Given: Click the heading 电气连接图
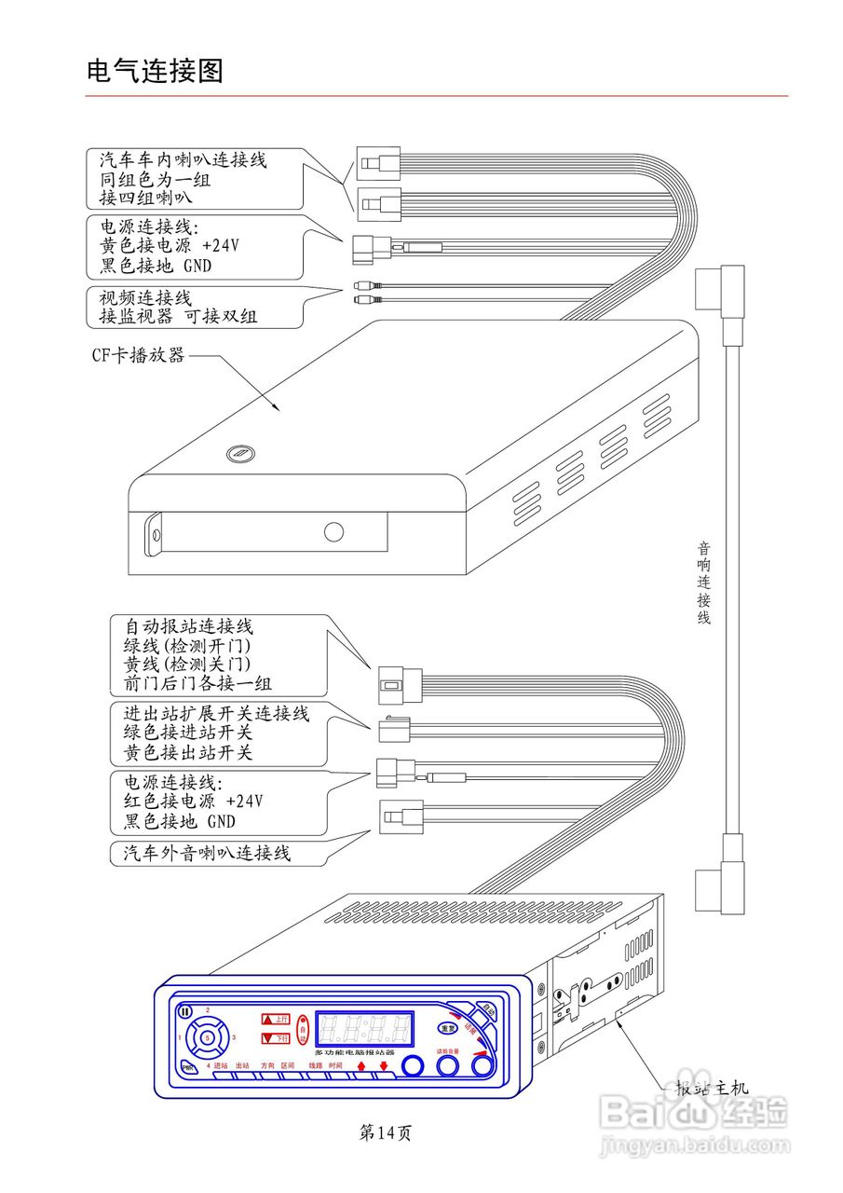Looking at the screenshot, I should [x=155, y=71].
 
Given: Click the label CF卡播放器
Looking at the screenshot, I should [x=138, y=355].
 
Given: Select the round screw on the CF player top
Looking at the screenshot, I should [x=238, y=454].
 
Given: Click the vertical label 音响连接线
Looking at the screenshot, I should [x=704, y=583].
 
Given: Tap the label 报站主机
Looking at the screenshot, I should [x=712, y=1088].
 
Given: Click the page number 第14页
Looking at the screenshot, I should [x=385, y=1132].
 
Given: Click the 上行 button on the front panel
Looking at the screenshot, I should [x=276, y=1019].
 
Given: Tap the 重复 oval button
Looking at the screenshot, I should [x=450, y=1027].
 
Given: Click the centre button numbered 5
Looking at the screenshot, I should [x=207, y=1036].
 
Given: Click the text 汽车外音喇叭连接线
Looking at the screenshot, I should [x=207, y=852].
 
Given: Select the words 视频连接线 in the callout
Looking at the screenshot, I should [x=145, y=298].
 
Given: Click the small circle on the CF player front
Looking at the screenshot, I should [x=333, y=532].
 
